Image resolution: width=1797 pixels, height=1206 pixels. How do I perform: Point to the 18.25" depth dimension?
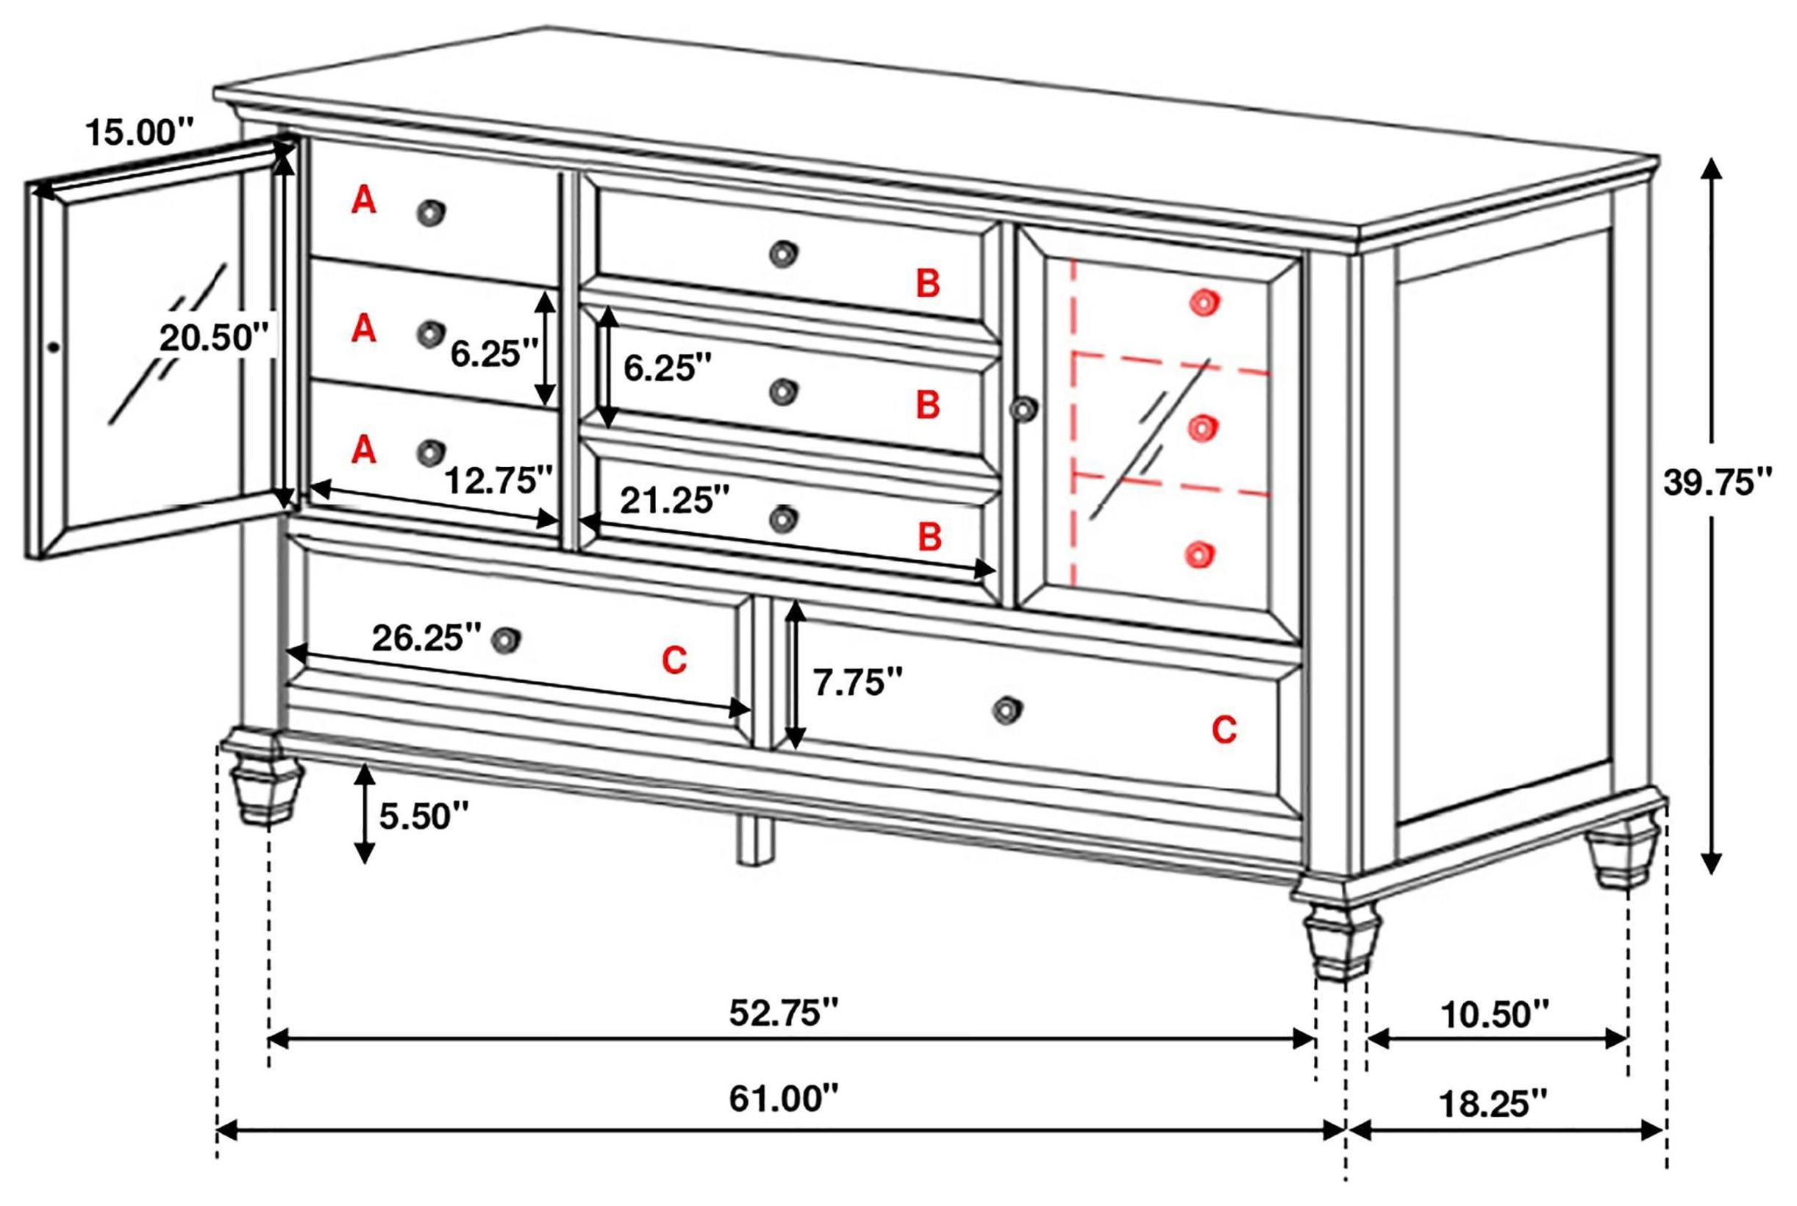[x=1492, y=1105]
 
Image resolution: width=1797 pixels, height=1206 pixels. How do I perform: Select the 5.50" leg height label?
[x=424, y=816]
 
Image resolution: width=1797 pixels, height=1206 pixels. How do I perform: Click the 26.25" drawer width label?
[x=426, y=638]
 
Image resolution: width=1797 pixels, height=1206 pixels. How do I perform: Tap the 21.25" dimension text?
[x=674, y=502]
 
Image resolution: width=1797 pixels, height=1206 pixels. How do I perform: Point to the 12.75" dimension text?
[x=499, y=482]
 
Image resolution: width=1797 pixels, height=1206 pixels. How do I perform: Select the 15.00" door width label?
[x=140, y=132]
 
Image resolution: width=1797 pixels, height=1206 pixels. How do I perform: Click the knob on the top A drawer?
[x=432, y=213]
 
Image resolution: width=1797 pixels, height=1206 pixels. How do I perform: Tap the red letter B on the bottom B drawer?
[x=929, y=537]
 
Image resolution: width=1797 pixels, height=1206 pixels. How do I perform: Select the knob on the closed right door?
[x=1023, y=409]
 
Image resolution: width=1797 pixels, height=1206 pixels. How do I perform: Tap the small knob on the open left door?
[x=53, y=348]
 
